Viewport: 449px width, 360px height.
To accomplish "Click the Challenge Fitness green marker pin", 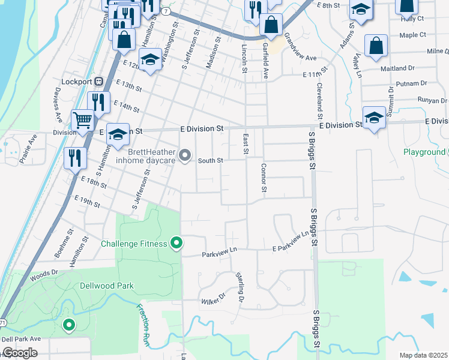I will [x=176, y=243].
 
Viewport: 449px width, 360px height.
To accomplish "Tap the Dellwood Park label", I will [x=107, y=286].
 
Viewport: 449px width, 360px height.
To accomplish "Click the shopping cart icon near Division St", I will [x=82, y=118].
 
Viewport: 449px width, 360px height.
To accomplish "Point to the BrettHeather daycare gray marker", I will [x=185, y=156].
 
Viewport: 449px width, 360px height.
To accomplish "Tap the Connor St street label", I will [x=264, y=177].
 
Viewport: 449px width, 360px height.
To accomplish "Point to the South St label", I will [x=211, y=160].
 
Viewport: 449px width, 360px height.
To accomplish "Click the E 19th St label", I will [x=86, y=200].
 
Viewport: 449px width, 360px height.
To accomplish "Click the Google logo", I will [x=20, y=353].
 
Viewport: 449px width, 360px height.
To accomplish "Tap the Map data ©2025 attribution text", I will [x=423, y=355].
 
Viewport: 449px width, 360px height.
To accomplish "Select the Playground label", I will [x=424, y=152].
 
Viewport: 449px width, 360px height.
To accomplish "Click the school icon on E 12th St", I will [x=150, y=59].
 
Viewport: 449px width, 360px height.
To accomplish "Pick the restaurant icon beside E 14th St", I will [x=98, y=102].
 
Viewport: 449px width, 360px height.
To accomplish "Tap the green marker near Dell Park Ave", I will [x=69, y=325].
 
